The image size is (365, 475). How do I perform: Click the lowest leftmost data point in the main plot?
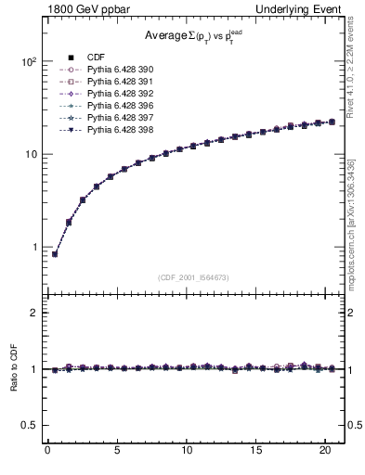pos(55,253)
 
